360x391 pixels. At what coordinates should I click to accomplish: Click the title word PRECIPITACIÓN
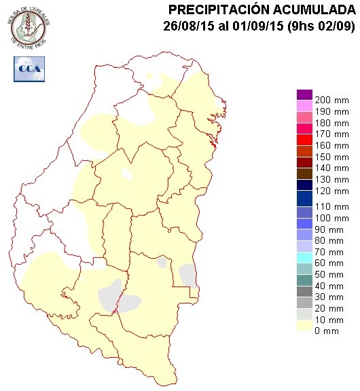pos(215,10)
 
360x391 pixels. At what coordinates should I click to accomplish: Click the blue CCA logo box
pos(29,68)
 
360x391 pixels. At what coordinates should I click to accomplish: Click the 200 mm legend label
pos(329,100)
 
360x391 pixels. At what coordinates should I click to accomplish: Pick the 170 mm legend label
pos(329,134)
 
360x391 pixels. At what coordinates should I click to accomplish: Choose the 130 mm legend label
pos(329,179)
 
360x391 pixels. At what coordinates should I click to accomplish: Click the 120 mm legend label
pos(329,191)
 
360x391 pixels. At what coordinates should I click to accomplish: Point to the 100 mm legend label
pos(329,217)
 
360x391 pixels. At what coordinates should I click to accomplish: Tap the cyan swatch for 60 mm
pos(304,257)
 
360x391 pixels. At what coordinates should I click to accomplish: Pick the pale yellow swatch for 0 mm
pos(304,326)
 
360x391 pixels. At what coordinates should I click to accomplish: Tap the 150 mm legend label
pos(329,157)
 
